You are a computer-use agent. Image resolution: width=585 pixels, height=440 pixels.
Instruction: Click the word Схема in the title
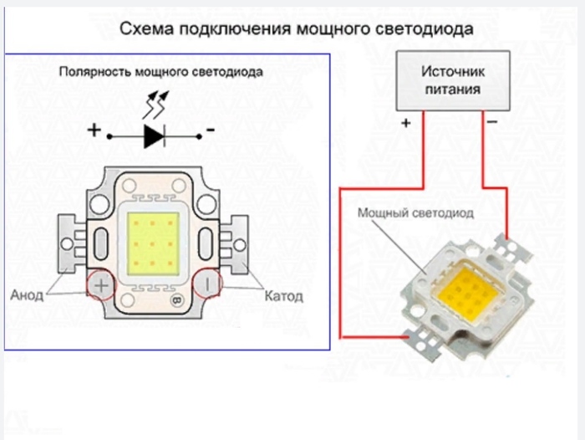pyautogui.click(x=145, y=29)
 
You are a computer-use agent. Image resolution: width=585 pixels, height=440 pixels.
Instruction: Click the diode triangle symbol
pyautogui.click(x=154, y=134)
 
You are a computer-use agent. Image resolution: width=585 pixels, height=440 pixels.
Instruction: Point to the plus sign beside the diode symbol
pyautogui.click(x=94, y=130)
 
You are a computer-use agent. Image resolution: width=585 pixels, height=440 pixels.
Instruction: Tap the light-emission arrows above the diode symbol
pyautogui.click(x=157, y=105)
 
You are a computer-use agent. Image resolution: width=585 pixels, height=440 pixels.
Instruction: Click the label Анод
pyautogui.click(x=27, y=295)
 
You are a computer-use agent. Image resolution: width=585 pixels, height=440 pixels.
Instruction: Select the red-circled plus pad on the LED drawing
pyautogui.click(x=102, y=286)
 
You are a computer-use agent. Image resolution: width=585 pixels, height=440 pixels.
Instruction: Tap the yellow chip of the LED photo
pyautogui.click(x=464, y=293)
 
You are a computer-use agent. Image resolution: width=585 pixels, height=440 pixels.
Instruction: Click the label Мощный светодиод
pyautogui.click(x=415, y=213)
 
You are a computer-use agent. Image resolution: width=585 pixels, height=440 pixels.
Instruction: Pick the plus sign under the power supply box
pyautogui.click(x=406, y=123)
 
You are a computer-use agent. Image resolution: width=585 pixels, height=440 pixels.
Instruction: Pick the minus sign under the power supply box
pyautogui.click(x=492, y=123)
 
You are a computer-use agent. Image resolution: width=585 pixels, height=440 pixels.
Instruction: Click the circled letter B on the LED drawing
pyautogui.click(x=176, y=299)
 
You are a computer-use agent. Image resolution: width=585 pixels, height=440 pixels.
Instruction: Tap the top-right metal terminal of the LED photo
pyautogui.click(x=506, y=246)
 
